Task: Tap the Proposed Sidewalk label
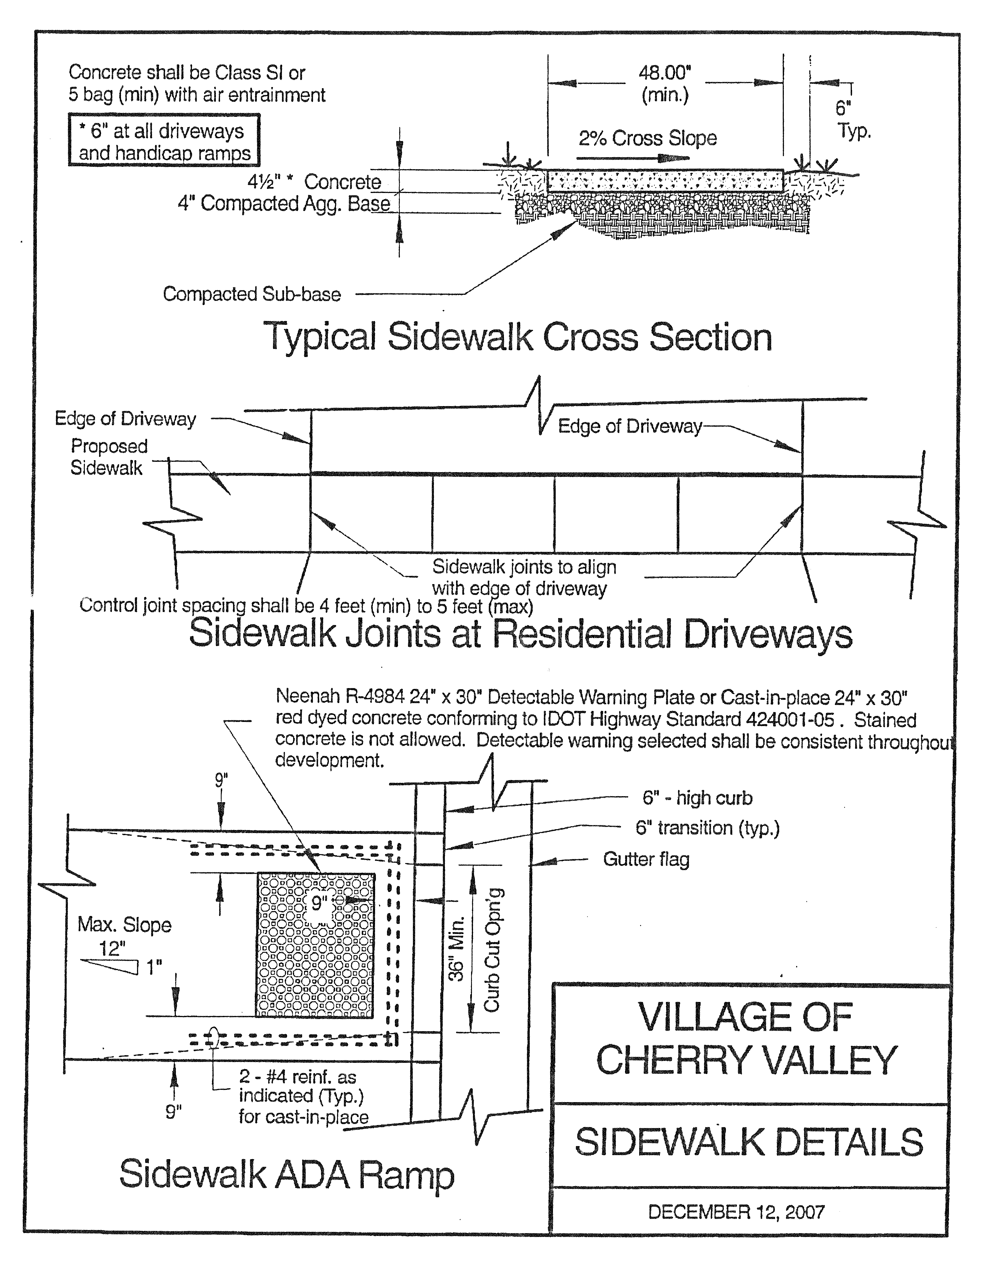pos(109,457)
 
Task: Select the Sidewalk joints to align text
pos(524,567)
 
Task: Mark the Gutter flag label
pos(646,860)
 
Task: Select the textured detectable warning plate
pos(315,945)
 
